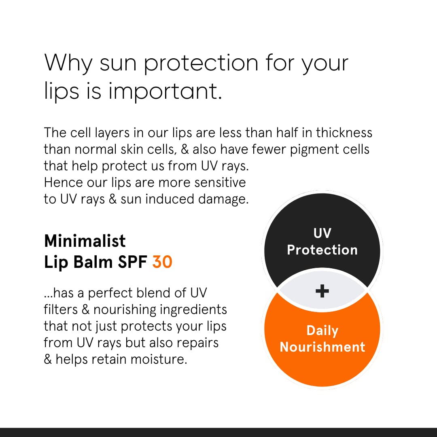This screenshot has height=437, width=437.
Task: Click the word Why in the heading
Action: click(68, 63)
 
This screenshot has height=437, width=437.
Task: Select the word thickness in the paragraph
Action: click(344, 133)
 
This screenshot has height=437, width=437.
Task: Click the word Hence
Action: click(64, 182)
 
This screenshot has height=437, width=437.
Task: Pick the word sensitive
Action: click(220, 182)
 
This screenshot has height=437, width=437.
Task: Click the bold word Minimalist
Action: click(85, 241)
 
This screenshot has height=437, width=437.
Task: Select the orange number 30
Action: click(162, 262)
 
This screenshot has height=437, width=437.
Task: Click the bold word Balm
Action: click(93, 262)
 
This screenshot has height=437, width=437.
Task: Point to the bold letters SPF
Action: click(132, 262)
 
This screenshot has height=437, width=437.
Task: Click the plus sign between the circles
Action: click(322, 291)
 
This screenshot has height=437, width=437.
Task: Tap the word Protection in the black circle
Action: click(322, 250)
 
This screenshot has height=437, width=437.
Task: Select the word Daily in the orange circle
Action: click(322, 331)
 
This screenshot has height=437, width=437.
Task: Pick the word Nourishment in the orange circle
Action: click(322, 347)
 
